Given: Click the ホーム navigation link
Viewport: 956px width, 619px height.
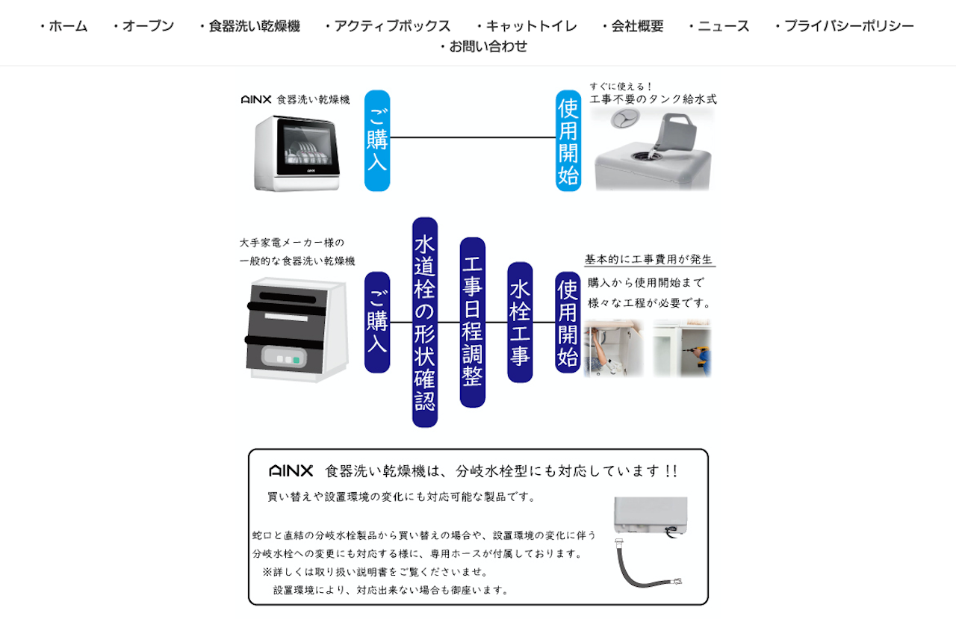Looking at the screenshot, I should pos(65,26).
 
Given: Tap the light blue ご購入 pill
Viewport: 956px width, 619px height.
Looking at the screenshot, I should pos(377,140).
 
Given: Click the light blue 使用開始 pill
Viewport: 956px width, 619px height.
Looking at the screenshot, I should pos(568,140).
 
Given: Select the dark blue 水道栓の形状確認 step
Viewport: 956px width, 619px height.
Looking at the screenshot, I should pos(425,322).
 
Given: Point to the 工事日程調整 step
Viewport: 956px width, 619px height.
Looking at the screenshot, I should pos(473,322).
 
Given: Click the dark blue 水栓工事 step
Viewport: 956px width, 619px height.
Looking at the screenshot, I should pos(520,322).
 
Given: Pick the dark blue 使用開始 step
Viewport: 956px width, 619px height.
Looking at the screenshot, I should pos(568,322).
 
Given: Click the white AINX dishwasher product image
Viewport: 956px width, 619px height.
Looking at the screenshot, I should pos(297,152).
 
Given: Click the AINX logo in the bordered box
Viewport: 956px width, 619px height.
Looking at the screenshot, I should pos(291,471).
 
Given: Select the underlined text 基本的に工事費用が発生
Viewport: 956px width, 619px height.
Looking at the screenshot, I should pos(649,259).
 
